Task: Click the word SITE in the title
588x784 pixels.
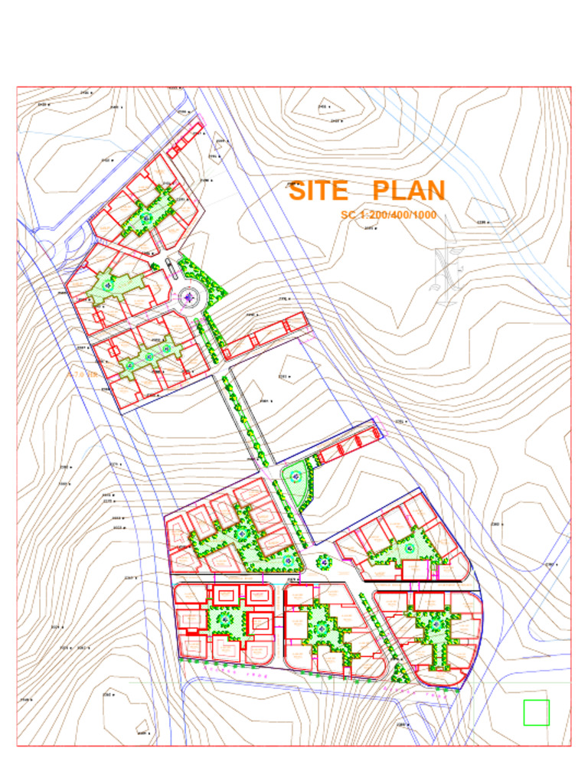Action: [x=318, y=190]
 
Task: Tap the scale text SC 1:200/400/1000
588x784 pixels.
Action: [x=388, y=215]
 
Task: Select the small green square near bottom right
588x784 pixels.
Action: [x=536, y=712]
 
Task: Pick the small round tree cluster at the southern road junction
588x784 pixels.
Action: [x=324, y=562]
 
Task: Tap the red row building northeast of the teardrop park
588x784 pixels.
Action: [x=348, y=444]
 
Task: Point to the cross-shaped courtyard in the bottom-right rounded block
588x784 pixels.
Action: [x=435, y=628]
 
